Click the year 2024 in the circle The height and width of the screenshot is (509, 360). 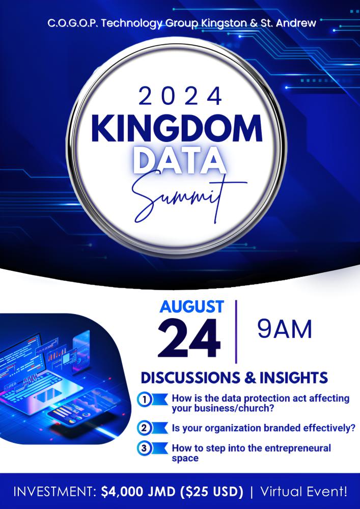(x=180, y=97)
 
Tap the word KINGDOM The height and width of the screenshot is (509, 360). (x=177, y=129)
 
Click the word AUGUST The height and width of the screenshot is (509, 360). (x=191, y=307)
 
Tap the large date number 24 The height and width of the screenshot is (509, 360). (x=189, y=338)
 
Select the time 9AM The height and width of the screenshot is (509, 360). (x=285, y=329)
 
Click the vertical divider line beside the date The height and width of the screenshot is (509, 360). (x=236, y=332)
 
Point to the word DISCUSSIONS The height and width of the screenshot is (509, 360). (x=190, y=378)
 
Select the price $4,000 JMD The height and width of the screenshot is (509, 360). (x=139, y=492)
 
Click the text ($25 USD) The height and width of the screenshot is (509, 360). (x=211, y=492)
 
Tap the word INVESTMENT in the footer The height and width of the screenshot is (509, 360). (x=54, y=492)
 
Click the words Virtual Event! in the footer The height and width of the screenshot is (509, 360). (x=303, y=492)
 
